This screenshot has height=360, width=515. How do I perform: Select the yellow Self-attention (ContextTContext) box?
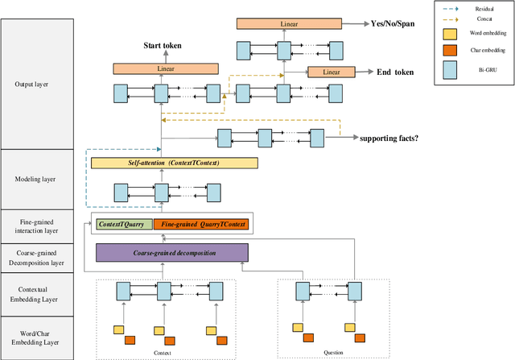pyautogui.click(x=174, y=163)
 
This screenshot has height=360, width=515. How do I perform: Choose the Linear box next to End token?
pyautogui.click(x=332, y=72)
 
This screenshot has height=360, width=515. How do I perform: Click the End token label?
pyautogui.click(x=395, y=72)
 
